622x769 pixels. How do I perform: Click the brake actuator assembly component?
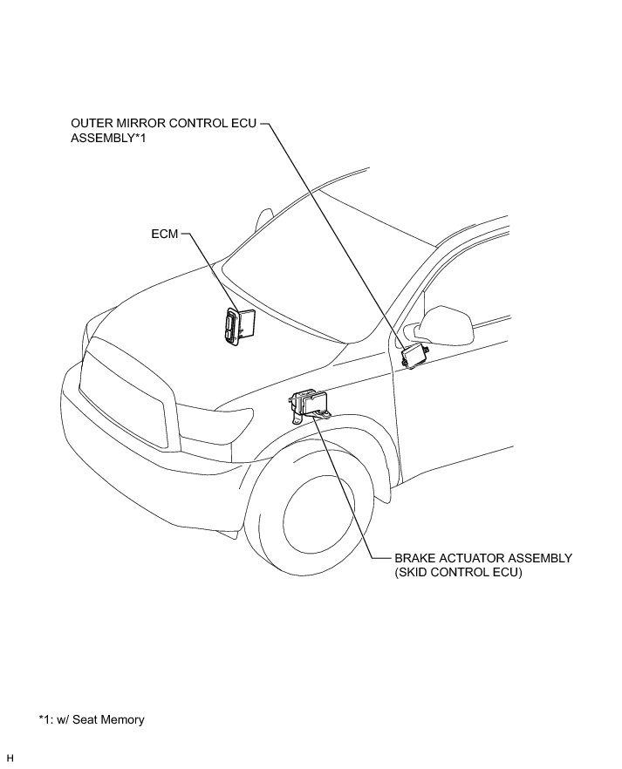[310, 404]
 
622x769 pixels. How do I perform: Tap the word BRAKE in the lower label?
[414, 558]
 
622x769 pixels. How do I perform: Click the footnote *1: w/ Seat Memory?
[92, 719]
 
